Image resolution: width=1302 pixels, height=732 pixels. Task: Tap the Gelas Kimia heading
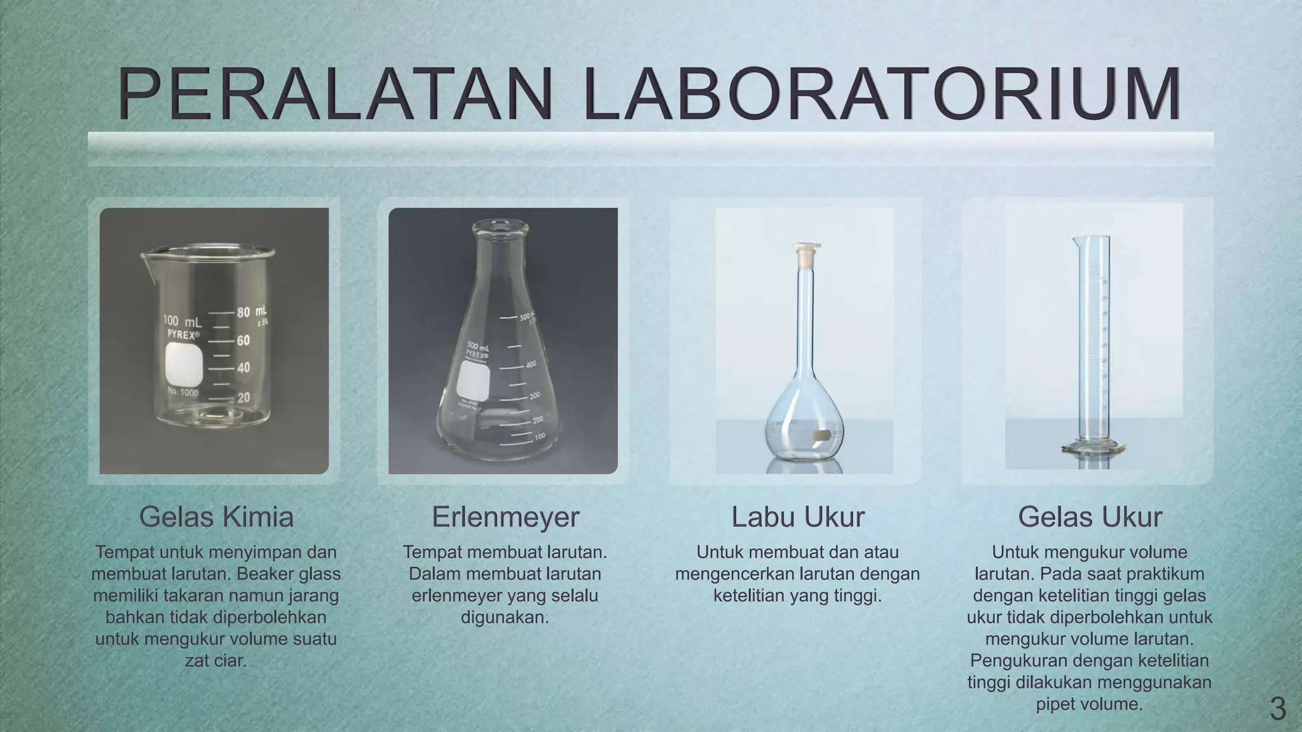(216, 517)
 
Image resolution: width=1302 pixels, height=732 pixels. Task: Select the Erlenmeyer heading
(505, 517)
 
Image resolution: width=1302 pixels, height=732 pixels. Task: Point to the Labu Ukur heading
(798, 517)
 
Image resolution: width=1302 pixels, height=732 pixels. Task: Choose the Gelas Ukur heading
(1090, 517)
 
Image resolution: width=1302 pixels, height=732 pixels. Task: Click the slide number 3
(1277, 709)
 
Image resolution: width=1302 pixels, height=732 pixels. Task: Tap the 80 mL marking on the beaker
(252, 313)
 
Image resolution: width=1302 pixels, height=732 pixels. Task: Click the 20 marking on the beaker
(243, 398)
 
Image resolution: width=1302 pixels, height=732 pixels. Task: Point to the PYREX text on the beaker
(183, 334)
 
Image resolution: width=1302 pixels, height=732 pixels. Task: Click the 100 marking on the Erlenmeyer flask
(538, 437)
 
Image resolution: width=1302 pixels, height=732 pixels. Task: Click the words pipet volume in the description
(1090, 704)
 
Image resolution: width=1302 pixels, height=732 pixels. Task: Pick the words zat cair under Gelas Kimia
(215, 661)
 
